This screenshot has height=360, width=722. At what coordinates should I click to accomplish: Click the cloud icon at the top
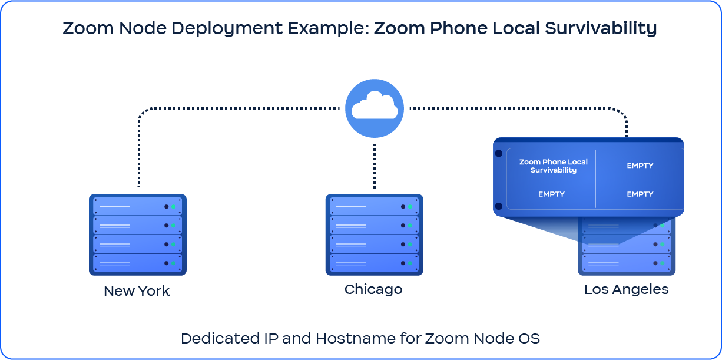tap(375, 108)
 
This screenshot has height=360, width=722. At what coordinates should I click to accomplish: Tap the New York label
tap(137, 291)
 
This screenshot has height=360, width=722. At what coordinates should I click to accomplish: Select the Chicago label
tap(373, 289)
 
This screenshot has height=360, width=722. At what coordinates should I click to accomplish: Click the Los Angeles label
tap(626, 289)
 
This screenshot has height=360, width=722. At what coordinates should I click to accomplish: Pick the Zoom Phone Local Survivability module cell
tap(553, 166)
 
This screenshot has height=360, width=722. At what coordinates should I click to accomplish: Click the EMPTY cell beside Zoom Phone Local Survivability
tap(640, 166)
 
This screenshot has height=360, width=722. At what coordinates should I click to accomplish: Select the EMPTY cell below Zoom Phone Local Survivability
tap(551, 194)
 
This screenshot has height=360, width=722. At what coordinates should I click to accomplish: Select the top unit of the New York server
tap(138, 206)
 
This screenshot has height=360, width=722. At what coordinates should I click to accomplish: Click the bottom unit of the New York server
tap(138, 263)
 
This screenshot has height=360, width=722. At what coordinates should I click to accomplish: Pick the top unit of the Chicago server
tap(374, 206)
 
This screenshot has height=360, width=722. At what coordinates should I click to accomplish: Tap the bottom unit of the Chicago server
tap(374, 263)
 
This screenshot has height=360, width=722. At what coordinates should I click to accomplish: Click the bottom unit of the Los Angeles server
tap(626, 263)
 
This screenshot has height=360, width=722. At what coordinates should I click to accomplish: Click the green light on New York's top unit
tap(173, 207)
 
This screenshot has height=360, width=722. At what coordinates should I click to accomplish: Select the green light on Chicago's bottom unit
tap(410, 263)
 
